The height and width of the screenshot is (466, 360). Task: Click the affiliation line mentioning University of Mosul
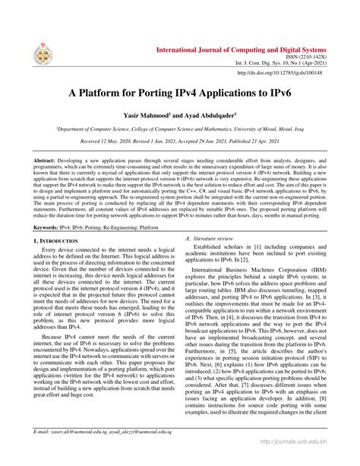[x=180, y=130]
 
